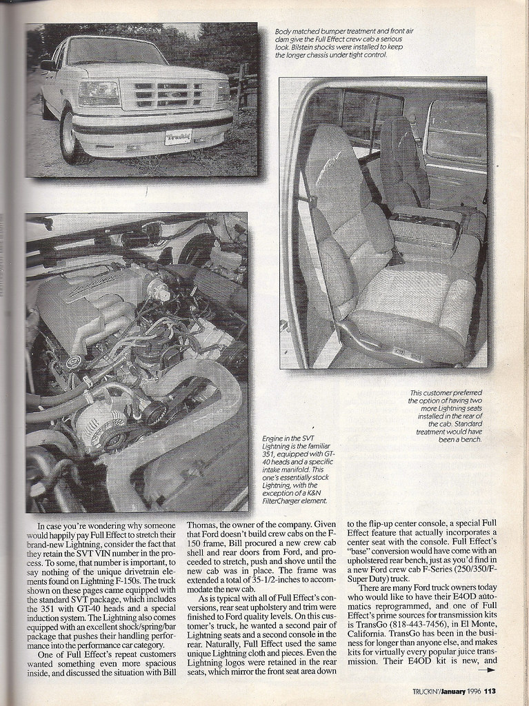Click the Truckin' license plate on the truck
(x=179, y=137)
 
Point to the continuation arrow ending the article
(x=487, y=669)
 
